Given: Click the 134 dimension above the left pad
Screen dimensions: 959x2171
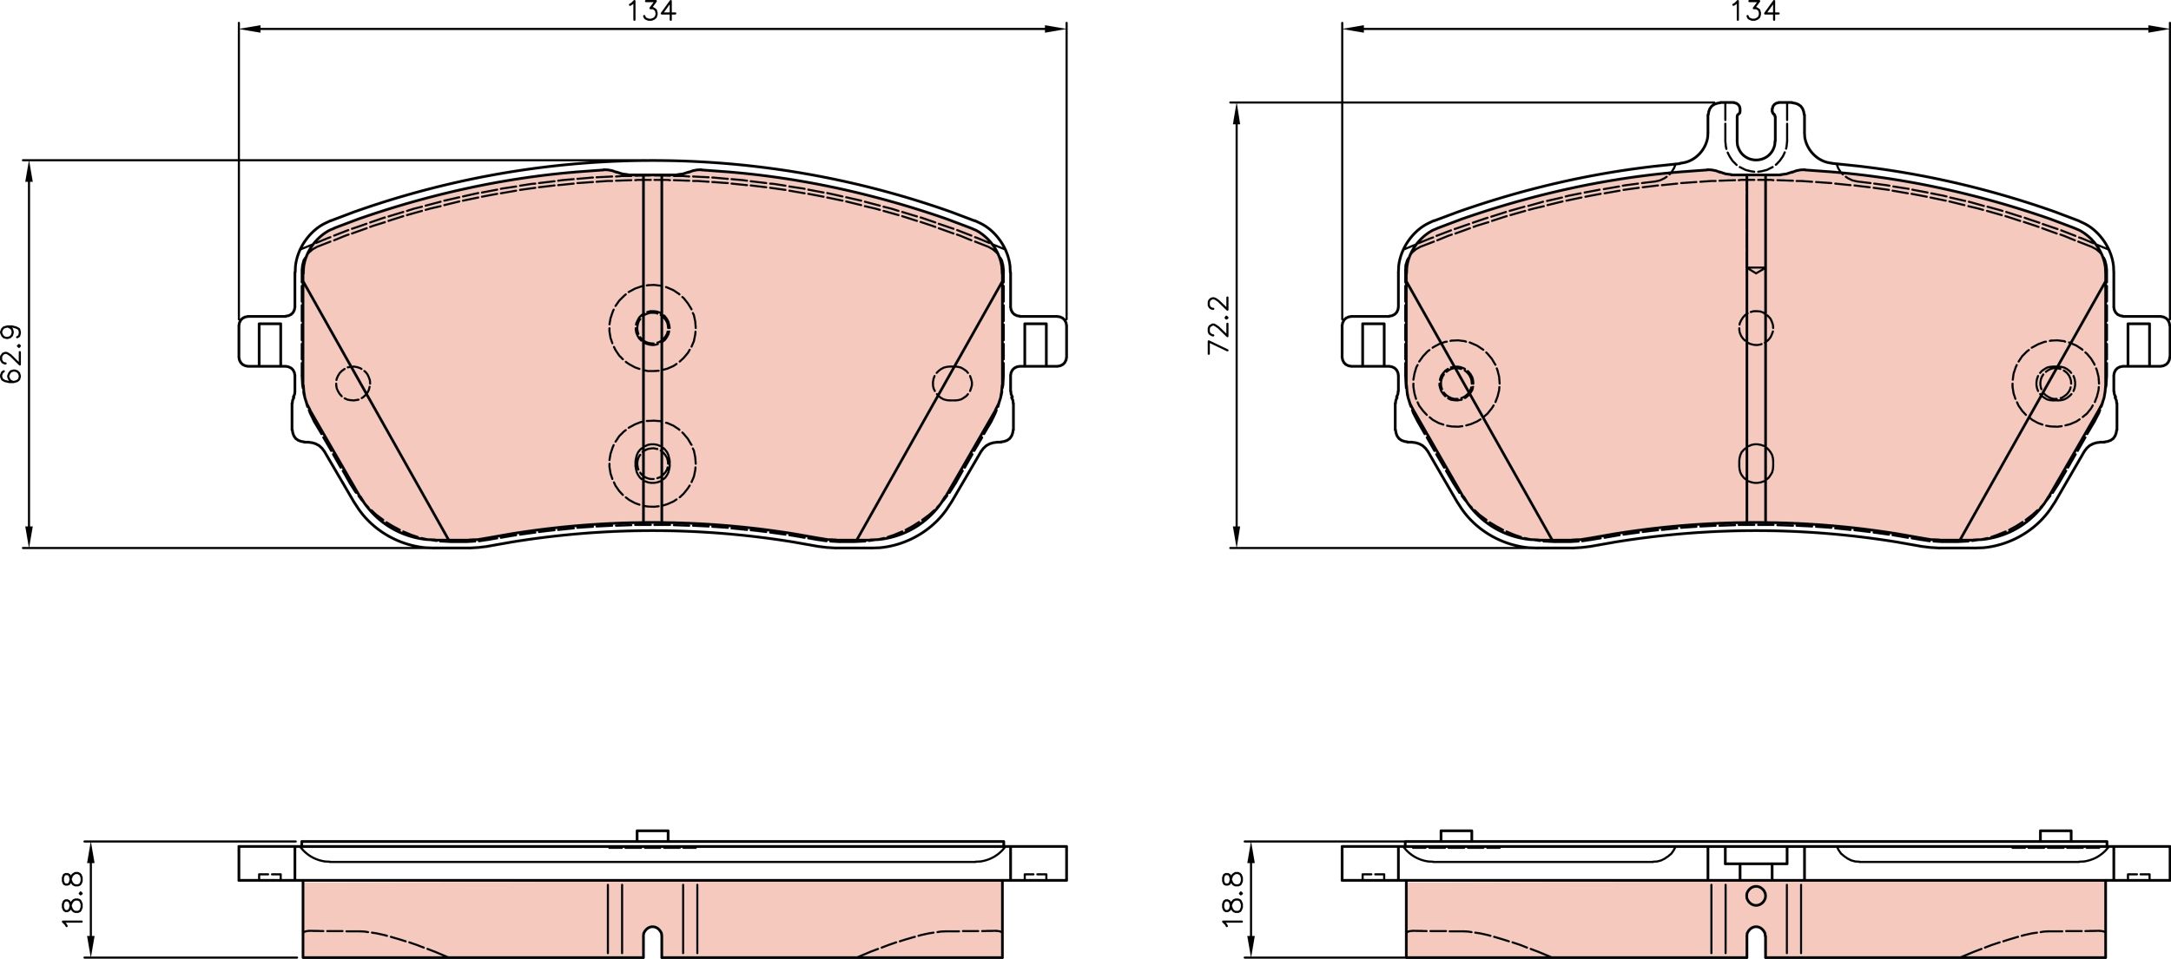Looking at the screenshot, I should (x=651, y=11).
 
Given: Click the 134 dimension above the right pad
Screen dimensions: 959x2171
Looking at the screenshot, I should (x=1755, y=11).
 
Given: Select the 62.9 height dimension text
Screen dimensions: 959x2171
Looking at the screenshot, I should (x=12, y=354).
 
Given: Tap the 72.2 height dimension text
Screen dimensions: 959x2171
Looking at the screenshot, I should (x=1219, y=325).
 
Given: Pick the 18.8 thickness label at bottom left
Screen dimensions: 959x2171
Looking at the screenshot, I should (x=73, y=899).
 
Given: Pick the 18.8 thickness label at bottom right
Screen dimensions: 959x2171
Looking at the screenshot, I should (x=1234, y=899).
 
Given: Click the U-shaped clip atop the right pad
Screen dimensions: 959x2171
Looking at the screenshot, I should (x=1756, y=139).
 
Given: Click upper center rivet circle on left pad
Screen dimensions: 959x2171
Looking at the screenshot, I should (x=652, y=328).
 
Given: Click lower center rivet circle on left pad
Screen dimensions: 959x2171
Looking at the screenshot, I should (x=652, y=463).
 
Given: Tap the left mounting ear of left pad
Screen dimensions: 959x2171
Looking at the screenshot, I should (x=267, y=342).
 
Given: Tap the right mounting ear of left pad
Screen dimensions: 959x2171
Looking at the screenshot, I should (x=1039, y=342).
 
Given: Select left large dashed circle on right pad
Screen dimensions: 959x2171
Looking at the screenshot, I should (x=1456, y=383).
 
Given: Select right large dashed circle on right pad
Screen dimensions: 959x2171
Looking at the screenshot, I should (x=2056, y=383).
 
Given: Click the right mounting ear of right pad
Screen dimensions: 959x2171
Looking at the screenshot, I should (x=2141, y=342).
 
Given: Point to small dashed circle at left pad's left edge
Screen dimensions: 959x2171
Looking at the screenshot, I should (x=353, y=384).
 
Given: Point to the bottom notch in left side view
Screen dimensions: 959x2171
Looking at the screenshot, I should (x=652, y=942).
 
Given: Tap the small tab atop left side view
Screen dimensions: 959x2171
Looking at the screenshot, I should (x=652, y=836).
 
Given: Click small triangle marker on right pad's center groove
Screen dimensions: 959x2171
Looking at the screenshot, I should (x=1756, y=270).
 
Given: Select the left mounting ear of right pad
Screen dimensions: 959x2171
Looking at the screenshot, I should (x=1370, y=342).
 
